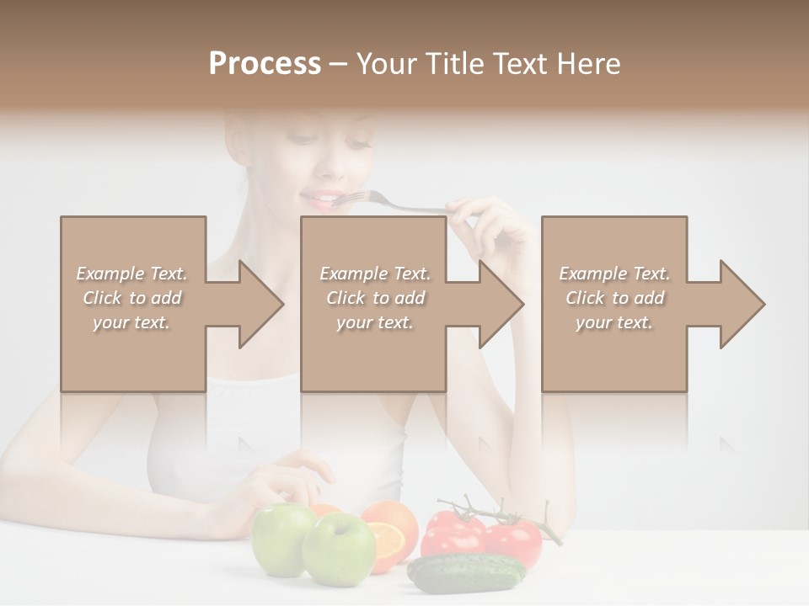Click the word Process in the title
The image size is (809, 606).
(265, 64)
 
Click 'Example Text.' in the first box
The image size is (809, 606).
(131, 274)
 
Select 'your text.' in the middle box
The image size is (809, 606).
(374, 322)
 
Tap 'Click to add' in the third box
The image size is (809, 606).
(614, 298)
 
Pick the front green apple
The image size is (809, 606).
(338, 548)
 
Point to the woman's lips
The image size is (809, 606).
(319, 199)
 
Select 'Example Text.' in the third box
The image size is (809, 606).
(614, 274)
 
